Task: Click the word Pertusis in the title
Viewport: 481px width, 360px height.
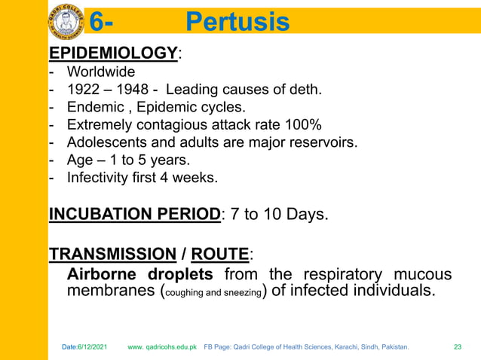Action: [237, 22]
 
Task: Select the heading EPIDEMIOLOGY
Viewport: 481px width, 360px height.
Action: [113, 53]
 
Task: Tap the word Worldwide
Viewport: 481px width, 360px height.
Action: [101, 72]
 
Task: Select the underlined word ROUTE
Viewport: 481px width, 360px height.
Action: [219, 252]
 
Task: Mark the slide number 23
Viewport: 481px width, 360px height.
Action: [457, 347]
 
